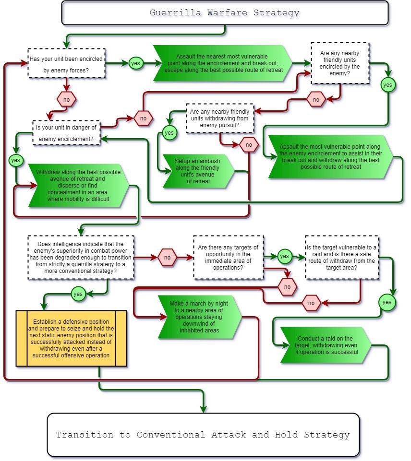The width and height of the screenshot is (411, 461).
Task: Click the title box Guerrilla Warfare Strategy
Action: click(x=225, y=13)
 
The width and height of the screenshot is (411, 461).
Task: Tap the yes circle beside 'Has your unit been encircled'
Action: click(x=135, y=63)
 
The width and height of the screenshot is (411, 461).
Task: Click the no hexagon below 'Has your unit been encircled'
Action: click(x=66, y=100)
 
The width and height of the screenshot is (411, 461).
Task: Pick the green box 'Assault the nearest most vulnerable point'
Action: click(x=222, y=63)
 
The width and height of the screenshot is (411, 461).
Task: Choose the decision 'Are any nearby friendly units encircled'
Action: click(x=339, y=63)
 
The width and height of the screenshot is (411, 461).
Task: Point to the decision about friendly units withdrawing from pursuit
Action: click(x=219, y=118)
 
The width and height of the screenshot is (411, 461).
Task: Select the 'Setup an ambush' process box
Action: click(x=198, y=171)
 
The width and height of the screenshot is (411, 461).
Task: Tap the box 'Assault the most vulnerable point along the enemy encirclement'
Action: click(x=330, y=157)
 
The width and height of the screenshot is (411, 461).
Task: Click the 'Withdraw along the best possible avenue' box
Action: click(x=78, y=185)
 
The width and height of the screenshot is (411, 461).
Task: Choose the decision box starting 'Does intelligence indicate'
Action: click(x=80, y=257)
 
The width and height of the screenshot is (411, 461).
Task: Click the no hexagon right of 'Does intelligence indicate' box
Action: click(x=167, y=258)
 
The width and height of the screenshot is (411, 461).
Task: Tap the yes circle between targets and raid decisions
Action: click(x=284, y=256)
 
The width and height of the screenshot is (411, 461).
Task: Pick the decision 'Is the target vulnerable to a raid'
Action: click(x=341, y=257)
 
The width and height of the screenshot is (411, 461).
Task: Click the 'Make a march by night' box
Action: click(x=199, y=317)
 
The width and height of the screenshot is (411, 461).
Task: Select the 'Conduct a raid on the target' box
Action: click(x=326, y=345)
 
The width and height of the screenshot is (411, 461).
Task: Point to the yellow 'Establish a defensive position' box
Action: click(x=72, y=338)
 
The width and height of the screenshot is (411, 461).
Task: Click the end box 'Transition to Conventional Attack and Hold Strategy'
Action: click(x=203, y=435)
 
